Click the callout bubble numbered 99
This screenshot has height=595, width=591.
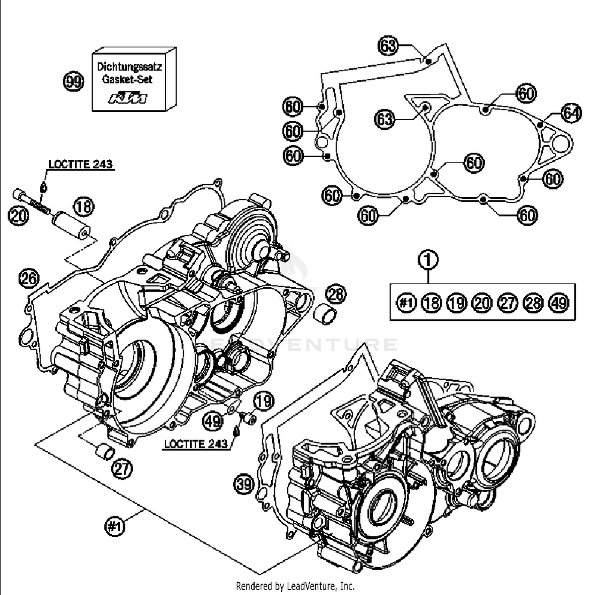point(74,82)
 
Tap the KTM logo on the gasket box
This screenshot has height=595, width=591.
point(128,98)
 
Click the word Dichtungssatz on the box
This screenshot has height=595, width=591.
point(129,66)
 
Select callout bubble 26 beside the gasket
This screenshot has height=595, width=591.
point(29,278)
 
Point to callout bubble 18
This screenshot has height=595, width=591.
point(84,206)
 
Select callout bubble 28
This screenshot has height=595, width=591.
point(336,294)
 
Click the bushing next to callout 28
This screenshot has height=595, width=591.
point(325,313)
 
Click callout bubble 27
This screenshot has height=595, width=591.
point(122,469)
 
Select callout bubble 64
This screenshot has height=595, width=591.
point(571,113)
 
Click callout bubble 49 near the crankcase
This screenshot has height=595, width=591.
point(213,421)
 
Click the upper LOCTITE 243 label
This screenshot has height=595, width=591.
point(80,164)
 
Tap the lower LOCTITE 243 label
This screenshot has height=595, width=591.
point(196,444)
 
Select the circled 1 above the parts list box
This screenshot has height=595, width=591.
point(428,260)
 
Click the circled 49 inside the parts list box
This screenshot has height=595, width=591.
point(559,303)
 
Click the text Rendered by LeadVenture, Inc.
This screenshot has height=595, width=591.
point(295,586)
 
